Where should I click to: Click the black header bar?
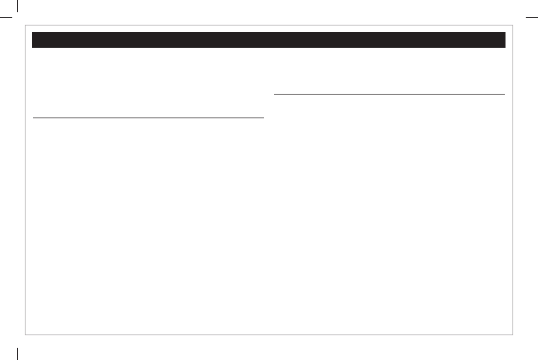point(269,40)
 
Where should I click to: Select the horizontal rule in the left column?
point(148,118)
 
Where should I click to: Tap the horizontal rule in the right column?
point(389,94)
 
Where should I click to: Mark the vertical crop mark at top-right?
point(521,6)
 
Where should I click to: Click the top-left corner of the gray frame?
point(26,25)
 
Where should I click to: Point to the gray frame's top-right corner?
point(512,25)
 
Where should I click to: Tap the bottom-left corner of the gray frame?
point(26,335)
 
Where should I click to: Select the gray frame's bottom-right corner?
point(512,335)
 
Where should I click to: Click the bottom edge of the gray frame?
point(269,335)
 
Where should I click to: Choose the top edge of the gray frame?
point(269,25)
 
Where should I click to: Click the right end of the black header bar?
point(503,40)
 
